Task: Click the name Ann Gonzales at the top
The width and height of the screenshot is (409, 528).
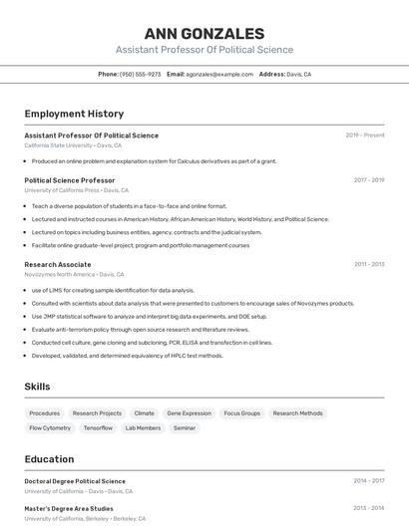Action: [204, 34]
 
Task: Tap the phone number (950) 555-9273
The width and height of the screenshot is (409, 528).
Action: [140, 74]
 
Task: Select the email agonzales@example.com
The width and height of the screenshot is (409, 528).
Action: [219, 74]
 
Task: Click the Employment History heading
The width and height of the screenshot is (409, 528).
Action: [74, 114]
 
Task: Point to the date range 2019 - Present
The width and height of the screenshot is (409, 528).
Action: [365, 135]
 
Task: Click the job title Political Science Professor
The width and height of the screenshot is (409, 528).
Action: [70, 180]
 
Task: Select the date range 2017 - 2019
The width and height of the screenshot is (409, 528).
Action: [369, 180]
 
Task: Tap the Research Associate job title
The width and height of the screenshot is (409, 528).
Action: [58, 264]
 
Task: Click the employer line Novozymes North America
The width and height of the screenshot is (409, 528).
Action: [74, 274]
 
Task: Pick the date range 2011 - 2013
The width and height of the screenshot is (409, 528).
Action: [369, 264]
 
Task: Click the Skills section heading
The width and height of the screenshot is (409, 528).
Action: [38, 386]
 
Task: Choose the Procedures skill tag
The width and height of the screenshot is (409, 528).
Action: [45, 412]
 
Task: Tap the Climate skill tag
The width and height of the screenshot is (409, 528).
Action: [144, 412]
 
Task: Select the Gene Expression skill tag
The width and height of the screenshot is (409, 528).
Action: [189, 412]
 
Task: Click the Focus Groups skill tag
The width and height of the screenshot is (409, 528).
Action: [241, 412]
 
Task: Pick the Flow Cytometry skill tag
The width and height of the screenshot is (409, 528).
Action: [50, 427]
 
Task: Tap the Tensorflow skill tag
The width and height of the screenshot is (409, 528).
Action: [98, 427]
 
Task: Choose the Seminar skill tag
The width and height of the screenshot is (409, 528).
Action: [185, 427]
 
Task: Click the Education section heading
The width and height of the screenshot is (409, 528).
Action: [49, 459]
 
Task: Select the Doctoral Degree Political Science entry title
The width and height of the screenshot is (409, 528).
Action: [75, 481]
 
